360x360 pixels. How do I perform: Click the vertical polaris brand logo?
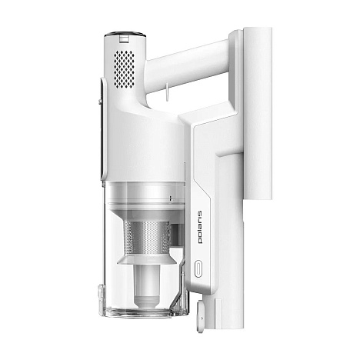coord(200,228)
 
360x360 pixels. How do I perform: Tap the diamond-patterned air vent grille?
coord(124,69)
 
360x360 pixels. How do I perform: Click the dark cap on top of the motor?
coord(125,34)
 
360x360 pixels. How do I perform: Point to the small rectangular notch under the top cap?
coord(124,39)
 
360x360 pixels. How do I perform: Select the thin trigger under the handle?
coord(167,92)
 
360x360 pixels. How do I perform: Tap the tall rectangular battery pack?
coord(257,113)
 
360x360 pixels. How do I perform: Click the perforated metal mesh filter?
coord(147,237)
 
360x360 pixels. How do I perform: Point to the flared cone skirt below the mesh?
coord(147,258)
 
